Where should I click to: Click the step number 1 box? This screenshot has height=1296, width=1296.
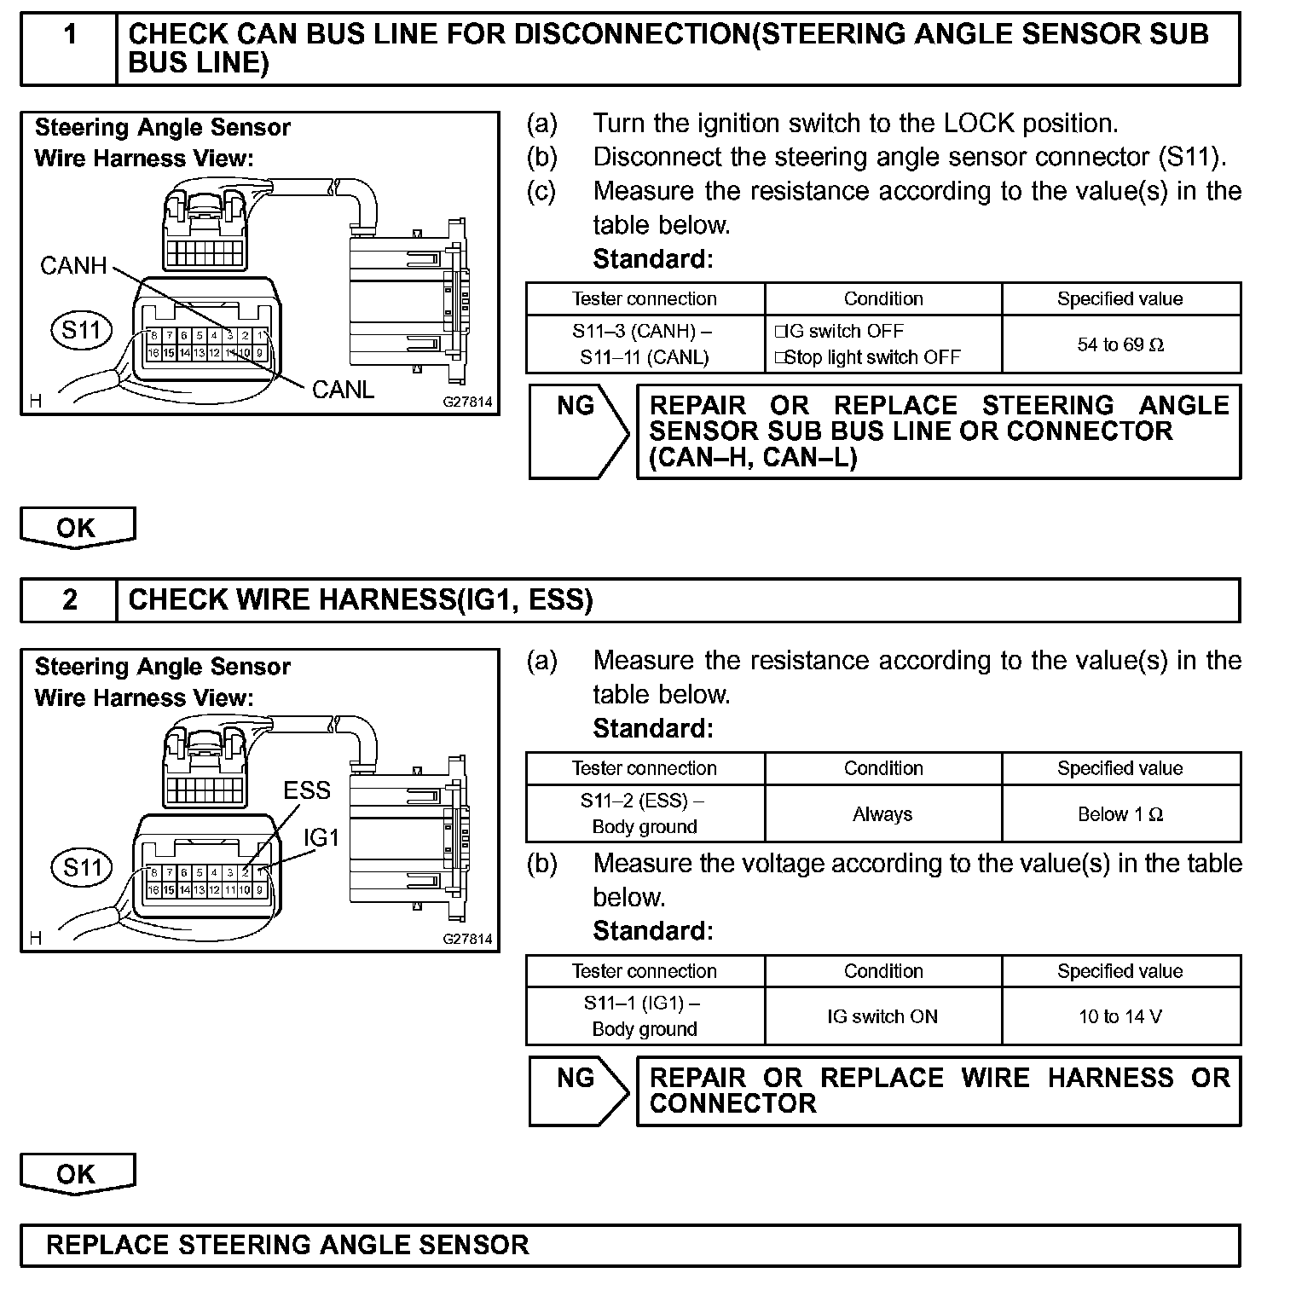[69, 48]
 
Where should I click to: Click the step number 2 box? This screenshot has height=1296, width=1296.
[69, 600]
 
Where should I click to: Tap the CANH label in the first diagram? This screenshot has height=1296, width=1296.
[73, 266]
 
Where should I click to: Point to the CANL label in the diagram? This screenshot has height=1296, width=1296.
[343, 390]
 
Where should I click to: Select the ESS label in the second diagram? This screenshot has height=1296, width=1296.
[306, 790]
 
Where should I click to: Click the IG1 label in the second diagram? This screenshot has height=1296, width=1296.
[321, 838]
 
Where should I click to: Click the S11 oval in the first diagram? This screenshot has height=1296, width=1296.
[82, 330]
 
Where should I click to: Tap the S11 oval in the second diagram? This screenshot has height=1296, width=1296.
[82, 868]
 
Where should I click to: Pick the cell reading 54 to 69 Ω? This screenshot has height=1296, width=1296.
[1120, 344]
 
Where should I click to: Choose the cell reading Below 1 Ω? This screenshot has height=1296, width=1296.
[1120, 814]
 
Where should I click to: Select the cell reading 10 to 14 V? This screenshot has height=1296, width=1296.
[1120, 1016]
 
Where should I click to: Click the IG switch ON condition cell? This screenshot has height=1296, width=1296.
[882, 1016]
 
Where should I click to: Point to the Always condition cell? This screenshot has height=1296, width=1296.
[882, 814]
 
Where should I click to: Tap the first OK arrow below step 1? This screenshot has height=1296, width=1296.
[77, 528]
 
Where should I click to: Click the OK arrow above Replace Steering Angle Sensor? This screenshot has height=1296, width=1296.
[77, 1174]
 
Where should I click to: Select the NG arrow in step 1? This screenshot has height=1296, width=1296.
[577, 431]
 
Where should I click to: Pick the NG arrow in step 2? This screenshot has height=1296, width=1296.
[577, 1091]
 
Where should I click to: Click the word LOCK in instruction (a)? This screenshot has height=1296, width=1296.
[980, 124]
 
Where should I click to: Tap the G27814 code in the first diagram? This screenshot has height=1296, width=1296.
[467, 402]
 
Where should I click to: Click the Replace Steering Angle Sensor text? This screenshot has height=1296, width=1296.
[287, 1245]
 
